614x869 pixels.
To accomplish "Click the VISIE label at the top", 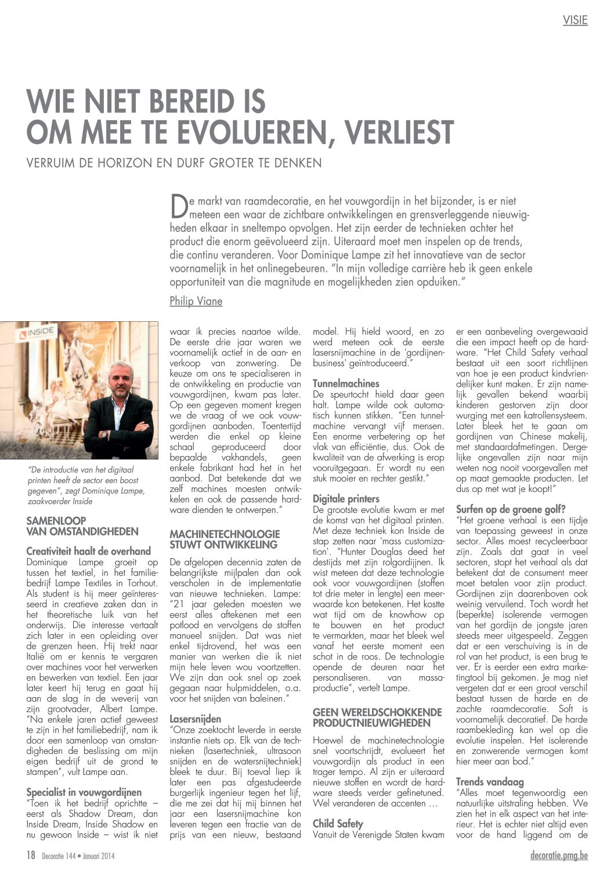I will click(x=575, y=20).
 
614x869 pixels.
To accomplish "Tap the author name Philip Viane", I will click(x=196, y=301).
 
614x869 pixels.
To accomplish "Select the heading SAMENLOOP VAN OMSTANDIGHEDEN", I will click(x=82, y=526).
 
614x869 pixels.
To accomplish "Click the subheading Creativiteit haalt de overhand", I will click(x=88, y=551).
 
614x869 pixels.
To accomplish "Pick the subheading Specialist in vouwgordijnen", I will click(x=84, y=792).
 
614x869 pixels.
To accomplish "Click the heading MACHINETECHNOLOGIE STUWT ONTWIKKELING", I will click(x=225, y=539).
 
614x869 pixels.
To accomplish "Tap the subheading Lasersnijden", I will click(x=195, y=719).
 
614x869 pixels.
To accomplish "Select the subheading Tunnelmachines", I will click(x=346, y=383).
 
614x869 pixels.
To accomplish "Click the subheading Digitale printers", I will click(x=346, y=498).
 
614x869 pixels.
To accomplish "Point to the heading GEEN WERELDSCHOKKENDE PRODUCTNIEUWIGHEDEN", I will click(x=377, y=717).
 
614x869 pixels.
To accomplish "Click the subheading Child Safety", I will click(x=338, y=824).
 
